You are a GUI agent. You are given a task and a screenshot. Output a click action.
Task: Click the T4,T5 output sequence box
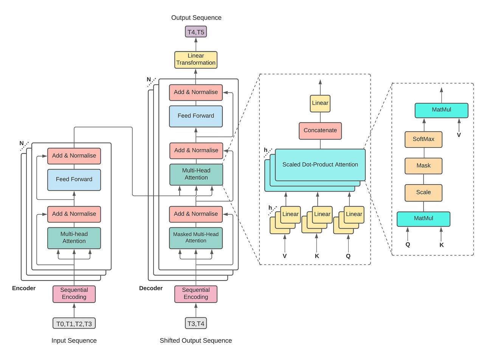click(196, 32)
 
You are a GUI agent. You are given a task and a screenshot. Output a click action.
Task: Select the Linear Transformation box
click(196, 60)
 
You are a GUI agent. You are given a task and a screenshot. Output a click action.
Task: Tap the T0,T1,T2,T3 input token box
click(74, 323)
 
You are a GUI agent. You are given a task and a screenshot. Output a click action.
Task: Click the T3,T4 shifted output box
click(196, 323)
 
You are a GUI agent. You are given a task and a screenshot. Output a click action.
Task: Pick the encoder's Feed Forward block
click(74, 179)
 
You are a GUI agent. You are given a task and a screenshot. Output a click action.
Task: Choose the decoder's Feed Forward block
click(196, 116)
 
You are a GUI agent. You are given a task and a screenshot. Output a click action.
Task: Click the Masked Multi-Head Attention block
click(196, 238)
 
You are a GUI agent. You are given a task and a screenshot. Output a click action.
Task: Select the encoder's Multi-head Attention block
click(74, 238)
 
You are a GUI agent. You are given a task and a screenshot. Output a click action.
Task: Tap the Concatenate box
click(320, 130)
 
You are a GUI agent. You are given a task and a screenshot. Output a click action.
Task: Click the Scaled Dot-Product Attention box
click(320, 164)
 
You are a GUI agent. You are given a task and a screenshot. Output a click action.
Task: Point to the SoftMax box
click(423, 139)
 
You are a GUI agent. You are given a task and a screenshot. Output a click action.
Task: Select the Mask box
click(423, 166)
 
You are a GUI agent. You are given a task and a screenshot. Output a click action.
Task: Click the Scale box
click(423, 192)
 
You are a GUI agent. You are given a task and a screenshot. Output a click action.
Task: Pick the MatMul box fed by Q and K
click(423, 219)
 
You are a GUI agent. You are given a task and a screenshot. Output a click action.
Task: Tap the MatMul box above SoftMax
click(441, 110)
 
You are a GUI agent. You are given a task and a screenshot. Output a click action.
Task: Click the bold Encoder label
click(24, 288)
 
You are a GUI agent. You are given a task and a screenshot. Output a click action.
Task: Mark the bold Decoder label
click(151, 288)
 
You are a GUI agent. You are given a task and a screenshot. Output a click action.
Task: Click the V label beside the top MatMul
click(459, 135)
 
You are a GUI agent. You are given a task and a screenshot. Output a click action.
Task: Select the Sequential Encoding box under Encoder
click(74, 294)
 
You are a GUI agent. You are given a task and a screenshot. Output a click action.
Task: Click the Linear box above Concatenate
click(320, 103)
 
